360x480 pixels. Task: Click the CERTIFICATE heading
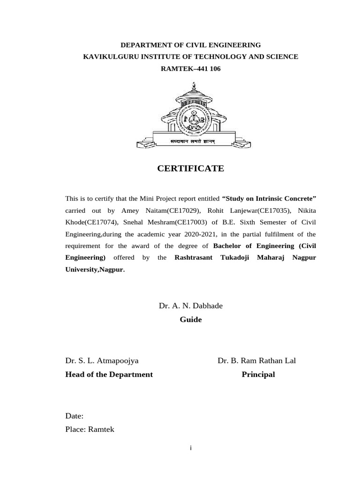pos(191,168)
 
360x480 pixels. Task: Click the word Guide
pos(191,320)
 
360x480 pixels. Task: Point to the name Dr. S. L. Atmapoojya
pos(102,360)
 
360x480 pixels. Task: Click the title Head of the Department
pos(109,375)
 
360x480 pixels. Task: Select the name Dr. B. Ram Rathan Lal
pos(256,360)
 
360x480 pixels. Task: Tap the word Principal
pos(258,375)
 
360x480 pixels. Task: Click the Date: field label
pos(75,415)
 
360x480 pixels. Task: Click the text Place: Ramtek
pos(90,429)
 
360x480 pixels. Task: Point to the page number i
pos(191,449)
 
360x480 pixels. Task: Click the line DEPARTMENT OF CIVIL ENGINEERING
pos(191,45)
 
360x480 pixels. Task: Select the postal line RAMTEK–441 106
pos(191,68)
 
